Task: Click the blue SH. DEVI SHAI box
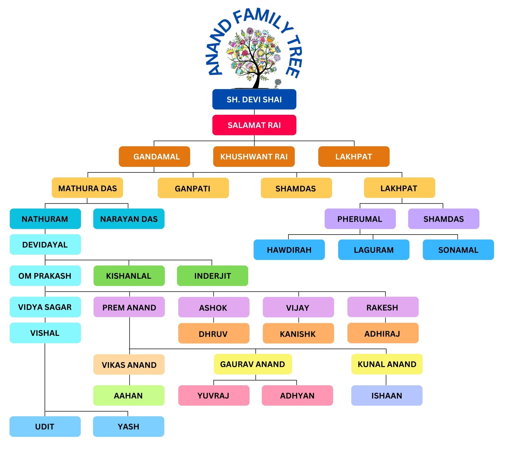[x=254, y=99]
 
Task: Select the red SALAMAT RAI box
[x=254, y=125]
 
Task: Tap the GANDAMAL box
[x=154, y=157]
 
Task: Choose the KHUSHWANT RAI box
[x=254, y=157]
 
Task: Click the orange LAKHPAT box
[x=354, y=157]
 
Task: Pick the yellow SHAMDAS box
[x=296, y=188]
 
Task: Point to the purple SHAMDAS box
[x=443, y=219]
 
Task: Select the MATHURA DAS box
[x=87, y=188]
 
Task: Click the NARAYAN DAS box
[x=129, y=219]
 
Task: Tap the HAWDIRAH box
[x=289, y=250]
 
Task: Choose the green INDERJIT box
[x=212, y=276]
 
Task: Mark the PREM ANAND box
[x=129, y=307]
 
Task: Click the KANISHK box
[x=298, y=333]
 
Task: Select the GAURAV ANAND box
[x=253, y=364]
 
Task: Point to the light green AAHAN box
[x=129, y=396]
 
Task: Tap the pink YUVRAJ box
[x=214, y=396]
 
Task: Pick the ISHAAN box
[x=387, y=396]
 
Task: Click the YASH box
[x=129, y=427]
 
